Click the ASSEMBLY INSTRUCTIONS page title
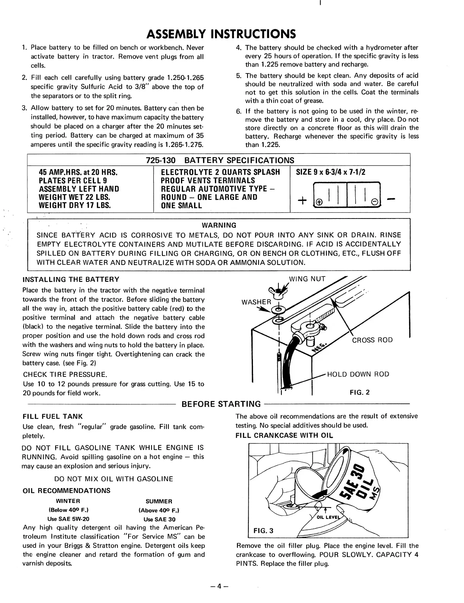(x=221, y=34)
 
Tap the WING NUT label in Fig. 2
(x=307, y=279)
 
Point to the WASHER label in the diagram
(x=256, y=302)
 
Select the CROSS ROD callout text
(x=372, y=340)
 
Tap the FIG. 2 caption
(x=359, y=392)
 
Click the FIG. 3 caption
(x=263, y=531)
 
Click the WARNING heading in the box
(x=219, y=225)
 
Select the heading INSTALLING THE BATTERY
(x=71, y=279)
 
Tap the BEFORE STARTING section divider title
(x=222, y=404)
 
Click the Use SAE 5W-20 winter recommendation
(x=68, y=519)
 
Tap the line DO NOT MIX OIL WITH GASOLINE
(x=114, y=479)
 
